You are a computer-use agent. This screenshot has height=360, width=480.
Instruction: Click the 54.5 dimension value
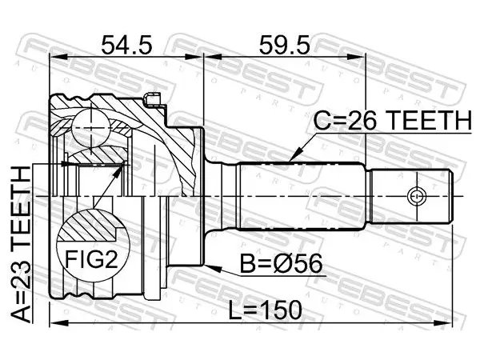[126, 45]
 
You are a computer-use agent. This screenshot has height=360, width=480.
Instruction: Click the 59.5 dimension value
[284, 45]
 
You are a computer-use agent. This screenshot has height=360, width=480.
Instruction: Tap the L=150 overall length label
[266, 310]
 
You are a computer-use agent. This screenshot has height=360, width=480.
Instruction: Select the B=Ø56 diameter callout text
[281, 264]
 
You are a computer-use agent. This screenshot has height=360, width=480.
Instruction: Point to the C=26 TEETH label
[393, 120]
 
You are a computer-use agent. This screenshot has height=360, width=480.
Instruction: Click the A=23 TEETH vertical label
[21, 244]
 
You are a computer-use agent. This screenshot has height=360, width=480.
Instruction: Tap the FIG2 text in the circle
[92, 258]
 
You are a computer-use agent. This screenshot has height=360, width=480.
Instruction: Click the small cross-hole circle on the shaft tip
[417, 195]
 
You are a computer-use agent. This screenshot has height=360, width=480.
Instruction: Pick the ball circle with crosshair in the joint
[90, 128]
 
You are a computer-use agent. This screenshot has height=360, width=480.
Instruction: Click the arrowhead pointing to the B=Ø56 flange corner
[213, 268]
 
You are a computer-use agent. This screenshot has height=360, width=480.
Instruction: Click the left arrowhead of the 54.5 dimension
[58, 57]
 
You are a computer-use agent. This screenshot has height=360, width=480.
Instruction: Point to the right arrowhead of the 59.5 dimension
[357, 57]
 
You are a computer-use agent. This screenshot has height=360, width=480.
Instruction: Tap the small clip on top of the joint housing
[152, 99]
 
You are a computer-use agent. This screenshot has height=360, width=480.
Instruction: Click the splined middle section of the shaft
[302, 195]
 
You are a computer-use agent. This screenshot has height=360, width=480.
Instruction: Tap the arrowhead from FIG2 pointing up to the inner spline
[118, 171]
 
